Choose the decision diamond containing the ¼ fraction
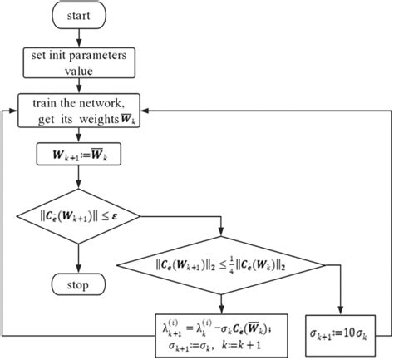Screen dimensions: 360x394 pos(222,266)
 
